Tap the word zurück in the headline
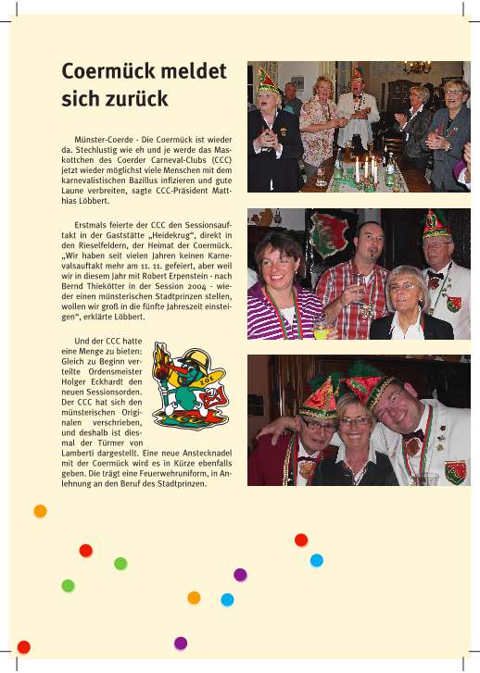[x=130, y=97]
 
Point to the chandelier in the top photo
[x=416, y=68]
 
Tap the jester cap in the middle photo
[x=435, y=224]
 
